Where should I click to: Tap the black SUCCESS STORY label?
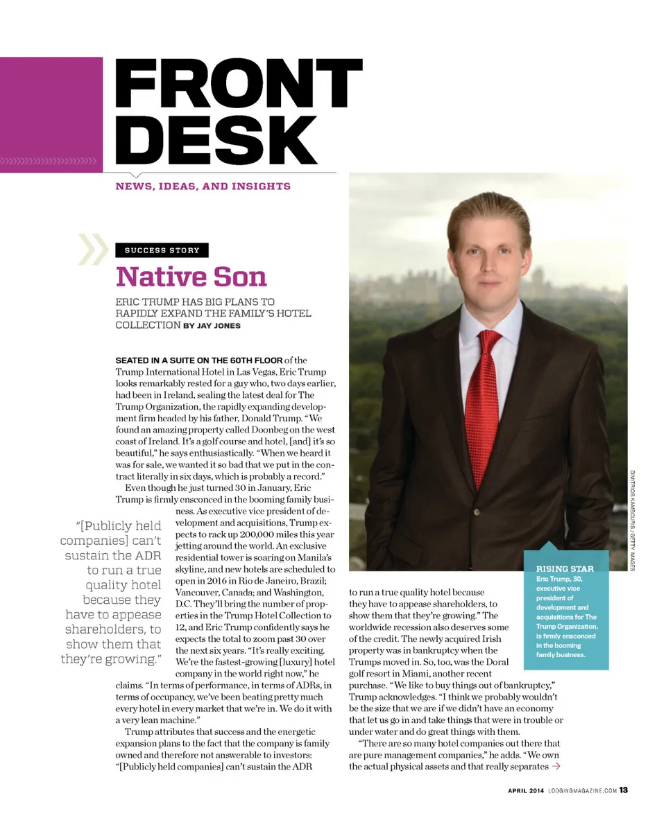pos(162,250)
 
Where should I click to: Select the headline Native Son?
pos(191,277)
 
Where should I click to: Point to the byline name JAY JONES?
pos(219,325)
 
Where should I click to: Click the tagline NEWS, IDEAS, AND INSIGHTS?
pos(203,186)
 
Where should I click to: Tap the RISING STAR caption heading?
pos(565,569)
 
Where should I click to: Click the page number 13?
pos(624,790)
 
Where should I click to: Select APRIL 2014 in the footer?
pos(525,790)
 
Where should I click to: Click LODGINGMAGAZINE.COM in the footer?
pos(582,790)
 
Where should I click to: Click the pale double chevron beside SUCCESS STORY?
pos(93,250)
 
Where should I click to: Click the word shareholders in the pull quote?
pos(113,629)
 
